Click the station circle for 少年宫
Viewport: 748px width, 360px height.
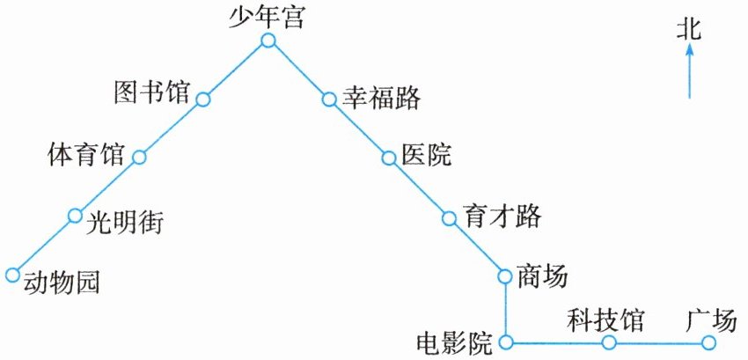[268, 40]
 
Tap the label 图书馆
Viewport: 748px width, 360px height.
[152, 92]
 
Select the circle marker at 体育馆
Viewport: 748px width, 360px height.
[139, 158]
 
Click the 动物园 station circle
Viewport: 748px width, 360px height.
[12, 275]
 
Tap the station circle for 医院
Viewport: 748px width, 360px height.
[388, 158]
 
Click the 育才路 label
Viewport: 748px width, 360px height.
[502, 216]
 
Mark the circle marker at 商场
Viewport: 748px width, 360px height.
[505, 276]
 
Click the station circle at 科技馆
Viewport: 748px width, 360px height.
[608, 342]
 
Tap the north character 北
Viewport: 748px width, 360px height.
[689, 31]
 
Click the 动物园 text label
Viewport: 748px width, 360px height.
[61, 283]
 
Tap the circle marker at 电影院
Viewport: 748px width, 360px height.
[505, 342]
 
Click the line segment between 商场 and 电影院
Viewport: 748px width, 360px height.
[505, 309]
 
